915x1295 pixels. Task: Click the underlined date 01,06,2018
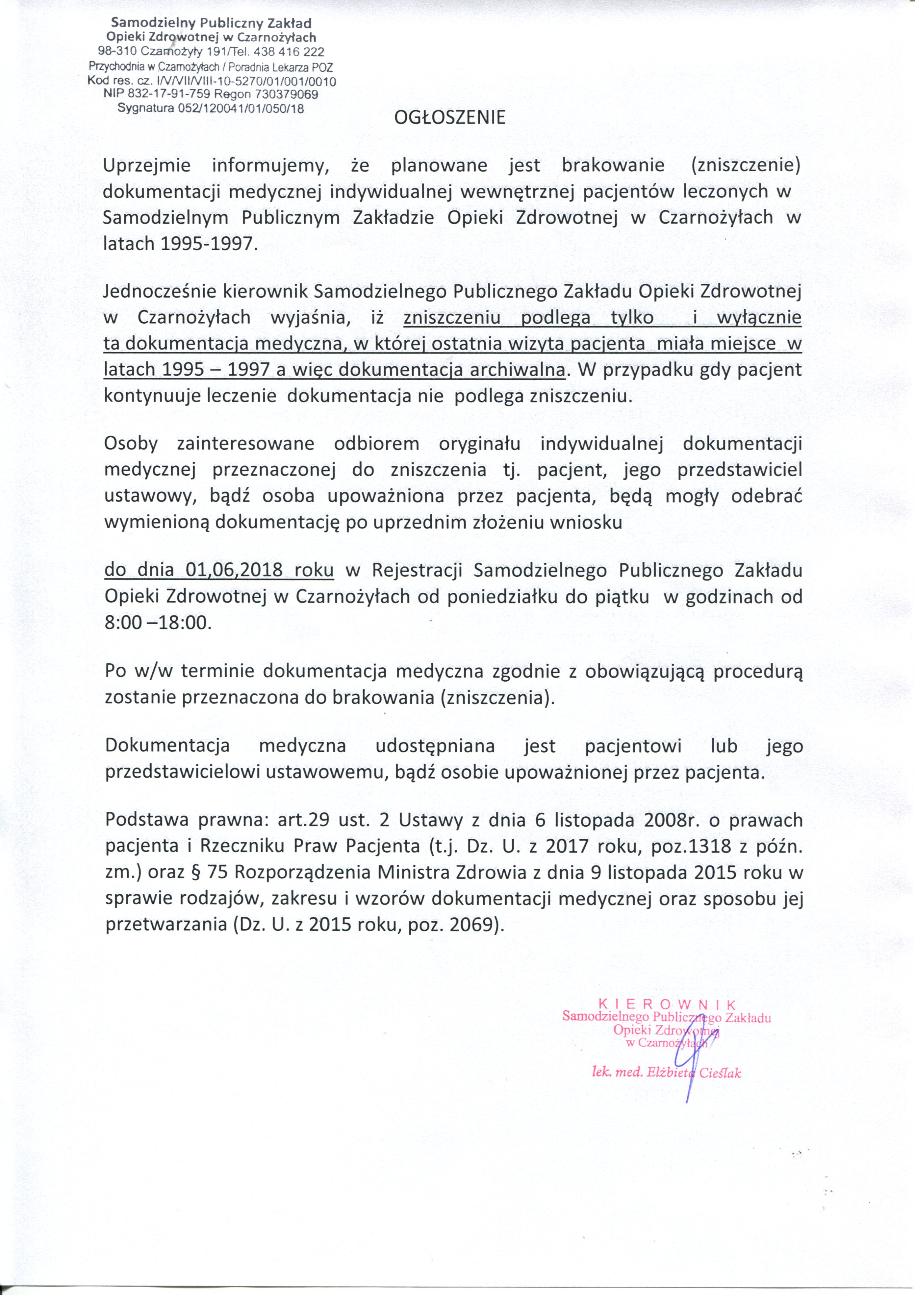click(233, 570)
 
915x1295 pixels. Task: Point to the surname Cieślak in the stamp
click(720, 1073)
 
